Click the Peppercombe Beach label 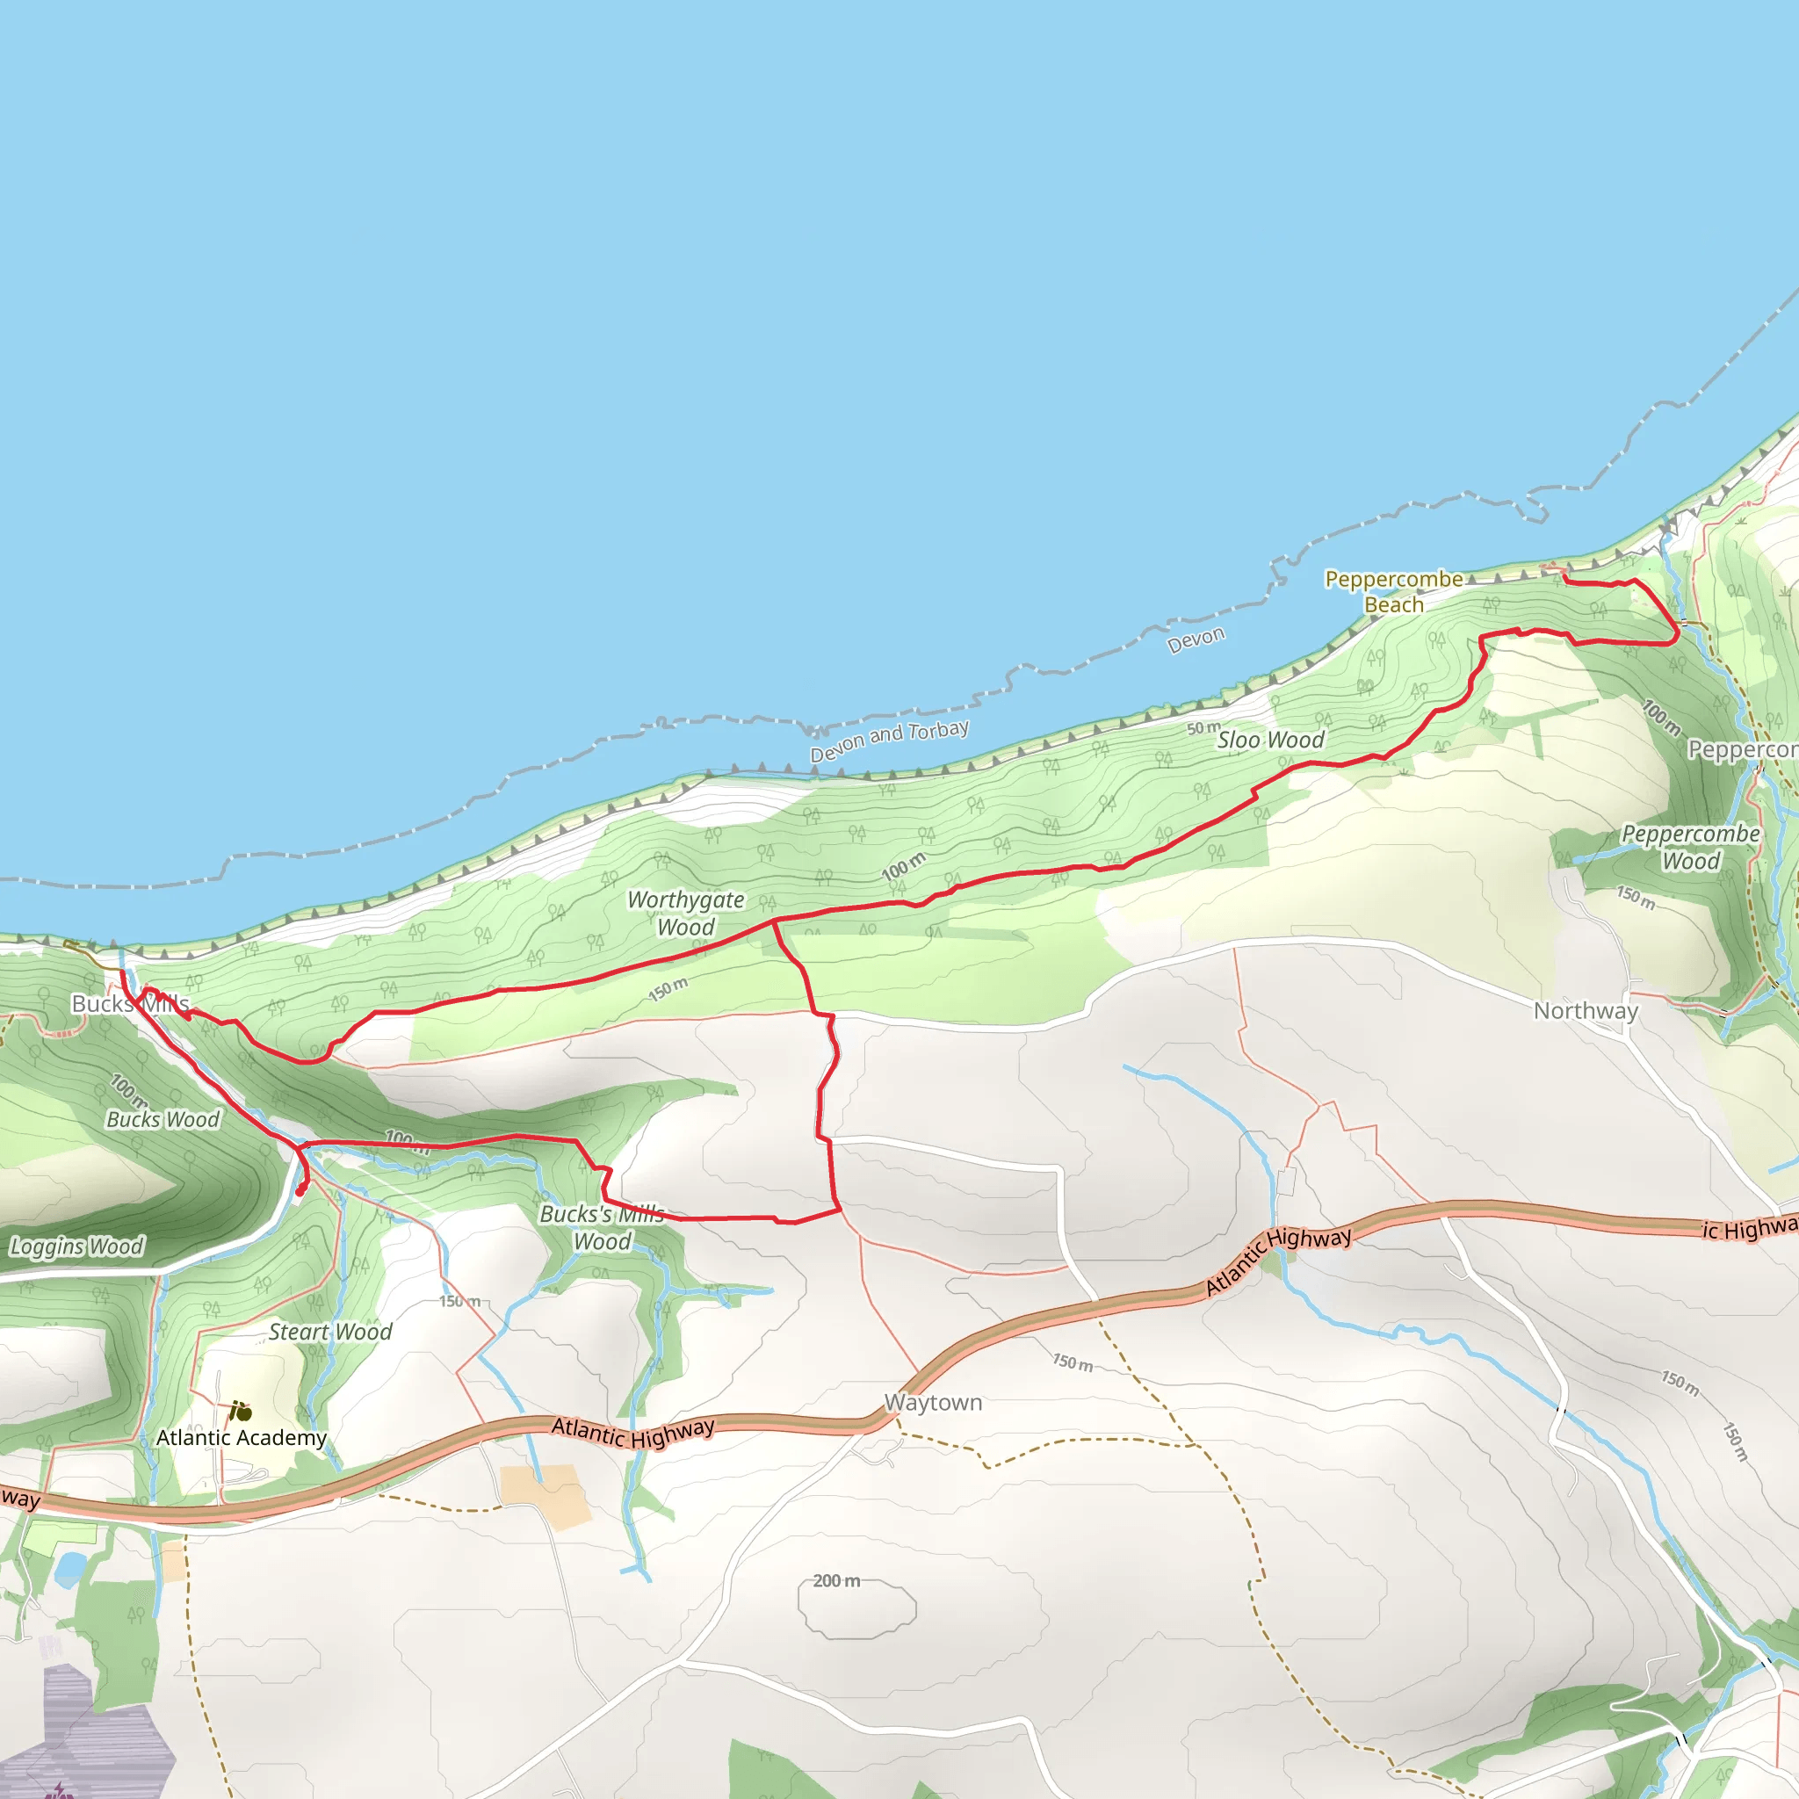[x=1393, y=592]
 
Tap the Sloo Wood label [x=1270, y=741]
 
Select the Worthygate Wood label [x=685, y=914]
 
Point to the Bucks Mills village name [x=130, y=1004]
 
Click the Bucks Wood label [x=163, y=1119]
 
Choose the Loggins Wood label [x=76, y=1246]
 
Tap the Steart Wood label [x=330, y=1333]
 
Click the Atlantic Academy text [x=242, y=1438]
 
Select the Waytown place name [x=933, y=1403]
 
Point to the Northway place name [x=1586, y=1011]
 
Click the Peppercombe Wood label [x=1691, y=848]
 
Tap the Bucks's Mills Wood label [x=603, y=1228]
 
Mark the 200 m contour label [x=835, y=1581]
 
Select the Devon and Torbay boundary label [x=889, y=741]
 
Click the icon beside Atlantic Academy [x=240, y=1412]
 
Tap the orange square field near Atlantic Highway [x=545, y=1496]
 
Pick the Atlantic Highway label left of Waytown [x=633, y=1433]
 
